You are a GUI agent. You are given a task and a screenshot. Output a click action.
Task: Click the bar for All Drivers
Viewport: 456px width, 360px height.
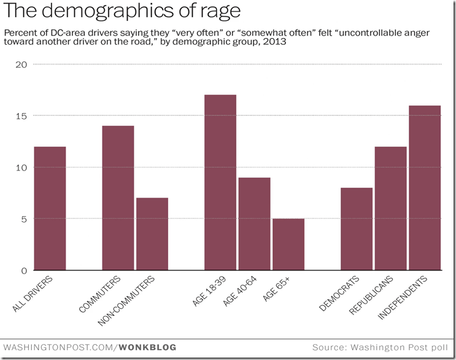click(x=50, y=209)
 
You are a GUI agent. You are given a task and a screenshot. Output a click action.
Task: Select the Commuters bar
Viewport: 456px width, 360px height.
click(x=118, y=197)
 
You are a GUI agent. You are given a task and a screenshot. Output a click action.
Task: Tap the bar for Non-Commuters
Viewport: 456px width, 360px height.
click(x=152, y=234)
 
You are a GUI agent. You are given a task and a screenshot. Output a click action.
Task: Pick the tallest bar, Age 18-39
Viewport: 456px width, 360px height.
click(x=220, y=182)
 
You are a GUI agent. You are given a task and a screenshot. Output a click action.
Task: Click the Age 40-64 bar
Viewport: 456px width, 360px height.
click(x=254, y=224)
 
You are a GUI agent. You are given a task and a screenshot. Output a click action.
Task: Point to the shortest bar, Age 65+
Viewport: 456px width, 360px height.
click(x=288, y=244)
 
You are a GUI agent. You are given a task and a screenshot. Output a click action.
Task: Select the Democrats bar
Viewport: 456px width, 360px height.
click(x=357, y=229)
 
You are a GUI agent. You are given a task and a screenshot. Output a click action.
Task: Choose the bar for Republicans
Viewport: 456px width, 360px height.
click(x=391, y=209)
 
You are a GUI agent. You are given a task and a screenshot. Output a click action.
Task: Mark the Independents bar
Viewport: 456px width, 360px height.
click(x=425, y=188)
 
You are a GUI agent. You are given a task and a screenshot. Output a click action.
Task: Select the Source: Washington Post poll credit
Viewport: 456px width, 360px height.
click(x=380, y=347)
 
